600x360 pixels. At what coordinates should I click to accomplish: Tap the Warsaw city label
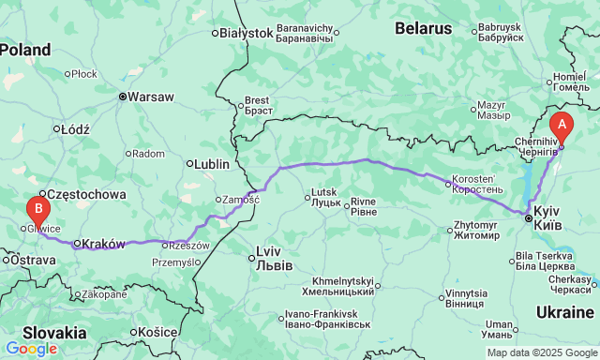[150, 96]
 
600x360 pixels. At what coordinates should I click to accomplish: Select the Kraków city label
[103, 244]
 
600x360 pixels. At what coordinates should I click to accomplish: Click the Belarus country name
[423, 28]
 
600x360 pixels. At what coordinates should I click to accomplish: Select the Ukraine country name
[565, 312]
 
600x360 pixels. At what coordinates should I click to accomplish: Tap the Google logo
[31, 349]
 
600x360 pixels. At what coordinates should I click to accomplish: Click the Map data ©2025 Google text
[541, 352]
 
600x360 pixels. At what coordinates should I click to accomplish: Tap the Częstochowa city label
[86, 194]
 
